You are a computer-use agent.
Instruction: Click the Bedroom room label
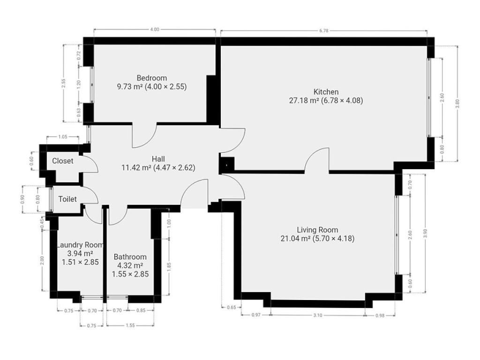point(151,78)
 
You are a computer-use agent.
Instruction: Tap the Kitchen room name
point(326,92)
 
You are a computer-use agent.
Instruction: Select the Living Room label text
point(317,230)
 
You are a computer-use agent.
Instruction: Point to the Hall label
point(158,159)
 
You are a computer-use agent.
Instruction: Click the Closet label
point(63,161)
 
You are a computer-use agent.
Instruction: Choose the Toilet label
point(67,199)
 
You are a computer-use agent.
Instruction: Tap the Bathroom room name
point(130,257)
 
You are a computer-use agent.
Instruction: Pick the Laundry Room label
point(81,245)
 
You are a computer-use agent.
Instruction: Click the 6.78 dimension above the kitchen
point(323,30)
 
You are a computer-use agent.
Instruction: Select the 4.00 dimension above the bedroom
point(155,30)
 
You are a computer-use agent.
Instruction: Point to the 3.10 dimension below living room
point(318,315)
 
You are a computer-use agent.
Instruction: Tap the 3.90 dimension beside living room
point(425,233)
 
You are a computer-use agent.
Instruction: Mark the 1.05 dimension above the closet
point(62,137)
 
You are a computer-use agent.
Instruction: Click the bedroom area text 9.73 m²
point(130,87)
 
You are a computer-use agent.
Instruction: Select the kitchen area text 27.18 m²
point(304,100)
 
